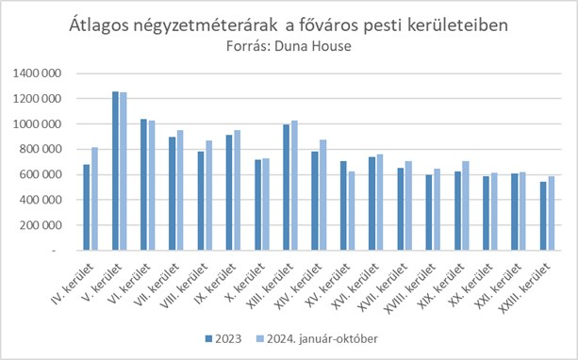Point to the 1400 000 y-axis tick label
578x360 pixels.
click(38, 73)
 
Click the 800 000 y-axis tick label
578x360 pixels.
click(41, 149)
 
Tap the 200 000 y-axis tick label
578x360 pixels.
click(41, 225)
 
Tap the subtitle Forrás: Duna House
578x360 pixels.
click(289, 44)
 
